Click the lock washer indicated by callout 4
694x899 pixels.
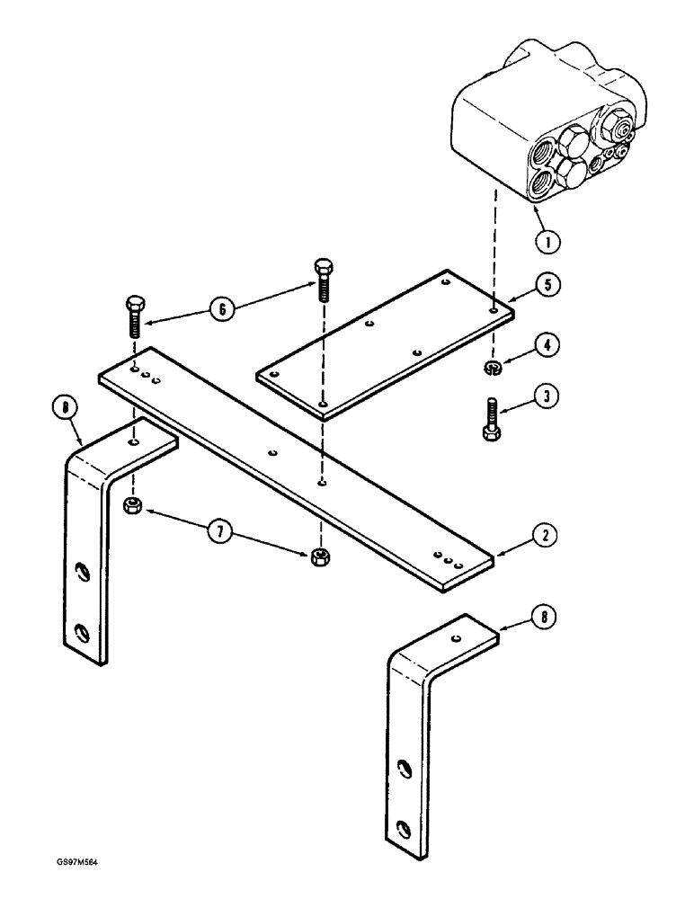coord(493,366)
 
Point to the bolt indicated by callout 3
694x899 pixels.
coord(492,418)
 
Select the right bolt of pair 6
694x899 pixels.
coord(323,279)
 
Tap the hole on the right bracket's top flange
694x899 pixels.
coord(458,638)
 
